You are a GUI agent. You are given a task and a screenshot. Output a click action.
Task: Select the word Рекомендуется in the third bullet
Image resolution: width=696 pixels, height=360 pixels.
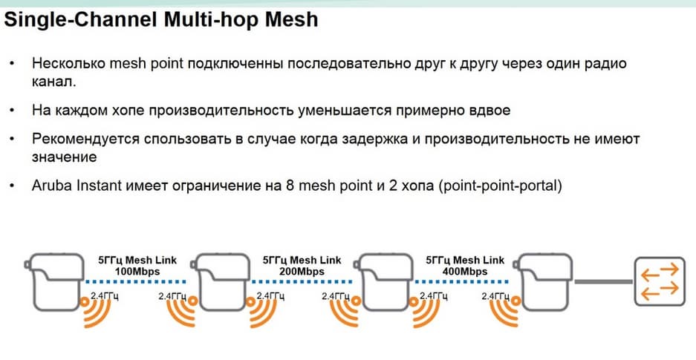pos(82,139)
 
